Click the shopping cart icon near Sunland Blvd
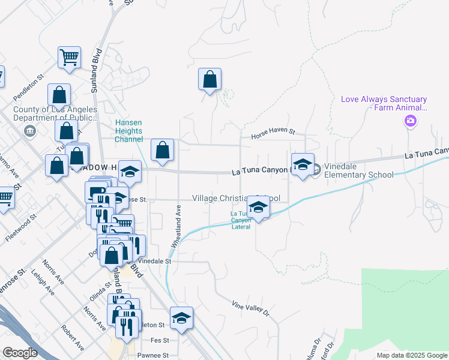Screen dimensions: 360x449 click(x=70, y=58)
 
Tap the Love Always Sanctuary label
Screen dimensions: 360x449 click(x=384, y=103)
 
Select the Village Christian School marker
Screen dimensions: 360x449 click(x=258, y=208)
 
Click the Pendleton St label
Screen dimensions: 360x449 click(x=29, y=87)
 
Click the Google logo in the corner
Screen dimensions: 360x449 click(x=20, y=352)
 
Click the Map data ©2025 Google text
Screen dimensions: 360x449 click(x=411, y=355)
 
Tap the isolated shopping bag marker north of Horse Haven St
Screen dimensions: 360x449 click(x=209, y=80)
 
